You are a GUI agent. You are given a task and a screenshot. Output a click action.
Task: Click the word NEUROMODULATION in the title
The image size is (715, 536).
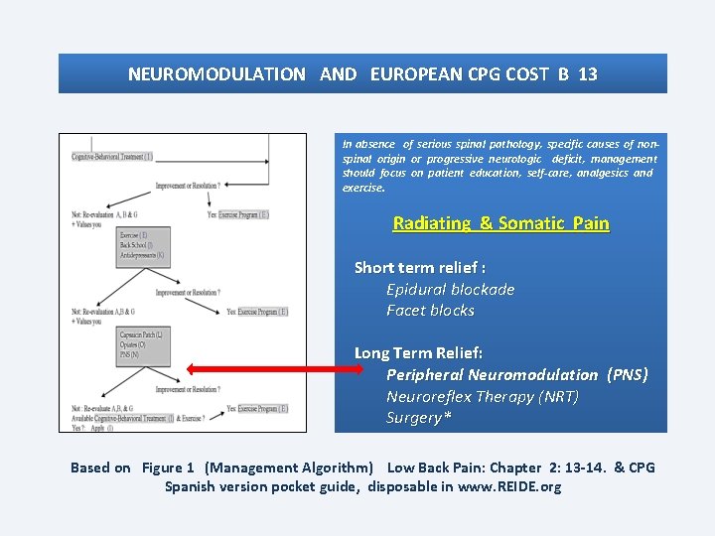click(216, 74)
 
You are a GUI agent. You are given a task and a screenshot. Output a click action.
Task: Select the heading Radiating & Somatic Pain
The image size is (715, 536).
click(500, 223)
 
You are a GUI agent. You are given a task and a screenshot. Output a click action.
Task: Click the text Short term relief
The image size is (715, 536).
click(419, 268)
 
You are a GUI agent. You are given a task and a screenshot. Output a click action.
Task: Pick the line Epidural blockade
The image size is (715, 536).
click(450, 290)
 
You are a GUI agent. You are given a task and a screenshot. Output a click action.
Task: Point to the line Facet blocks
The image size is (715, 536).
click(430, 311)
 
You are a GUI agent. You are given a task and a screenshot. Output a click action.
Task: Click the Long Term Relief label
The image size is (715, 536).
click(418, 353)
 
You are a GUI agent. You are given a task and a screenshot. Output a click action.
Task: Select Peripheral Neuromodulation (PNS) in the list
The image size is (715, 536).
click(516, 375)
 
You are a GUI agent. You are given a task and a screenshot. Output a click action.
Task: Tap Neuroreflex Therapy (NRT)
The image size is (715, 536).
click(482, 397)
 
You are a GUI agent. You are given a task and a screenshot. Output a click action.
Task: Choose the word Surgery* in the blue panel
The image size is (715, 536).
click(418, 418)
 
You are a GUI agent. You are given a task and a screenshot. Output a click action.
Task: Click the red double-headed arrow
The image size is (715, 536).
click(275, 369)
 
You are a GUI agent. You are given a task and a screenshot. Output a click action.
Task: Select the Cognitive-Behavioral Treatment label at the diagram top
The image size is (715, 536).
click(112, 157)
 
